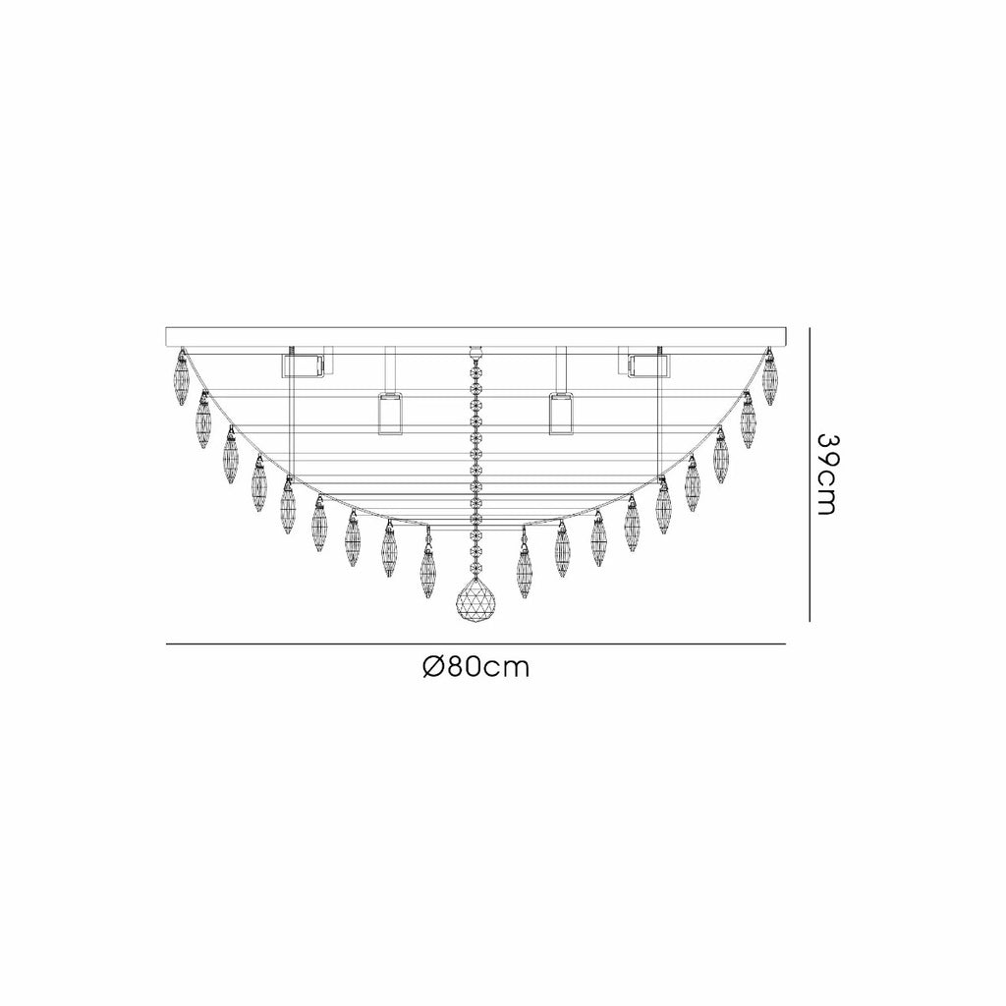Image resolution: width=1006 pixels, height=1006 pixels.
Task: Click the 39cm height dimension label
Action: click(827, 475)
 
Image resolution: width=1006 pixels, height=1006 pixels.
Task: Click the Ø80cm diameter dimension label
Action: click(476, 668)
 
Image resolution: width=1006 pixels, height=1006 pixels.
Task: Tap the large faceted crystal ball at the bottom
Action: click(475, 599)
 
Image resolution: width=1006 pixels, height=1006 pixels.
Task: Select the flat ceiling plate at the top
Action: click(476, 337)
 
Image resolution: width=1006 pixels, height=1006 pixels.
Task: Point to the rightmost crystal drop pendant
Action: click(769, 378)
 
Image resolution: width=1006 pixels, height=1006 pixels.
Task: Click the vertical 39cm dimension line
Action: click(810, 475)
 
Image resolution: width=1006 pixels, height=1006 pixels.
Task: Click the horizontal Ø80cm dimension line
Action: click(476, 643)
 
